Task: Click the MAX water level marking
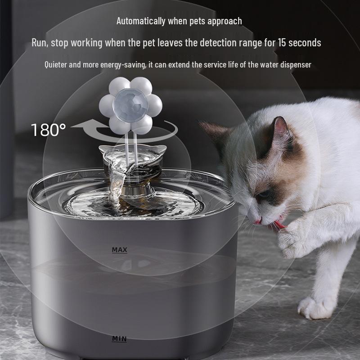(x=120, y=250)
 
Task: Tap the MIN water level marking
(x=120, y=338)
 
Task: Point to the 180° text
(x=48, y=130)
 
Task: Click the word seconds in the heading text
(x=306, y=43)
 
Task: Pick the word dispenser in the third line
(x=293, y=64)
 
